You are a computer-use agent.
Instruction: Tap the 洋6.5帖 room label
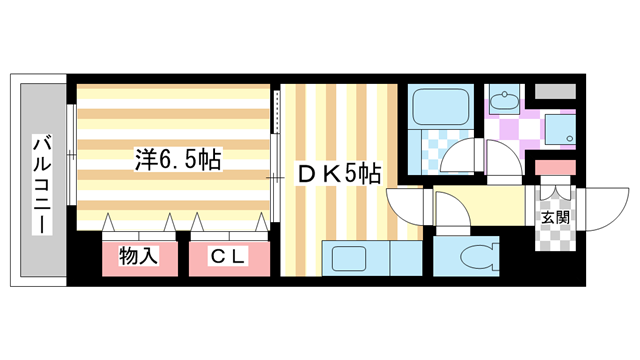tap(178, 158)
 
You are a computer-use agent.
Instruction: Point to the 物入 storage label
tap(139, 257)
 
